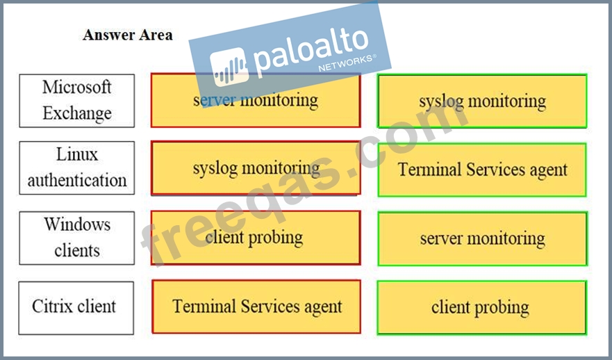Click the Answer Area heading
pos(128,35)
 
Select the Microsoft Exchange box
pos(77,101)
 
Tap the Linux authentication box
pos(77,168)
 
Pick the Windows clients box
pos(77,238)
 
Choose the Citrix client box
pos(76,308)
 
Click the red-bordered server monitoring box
pos(256,100)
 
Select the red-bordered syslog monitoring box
pos(256,168)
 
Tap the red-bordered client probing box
pos(256,238)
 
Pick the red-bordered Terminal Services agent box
pos(256,306)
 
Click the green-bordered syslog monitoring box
pos(482,101)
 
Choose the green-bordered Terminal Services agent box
pos(482,170)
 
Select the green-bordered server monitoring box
pos(482,239)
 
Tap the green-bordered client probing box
pos(481,308)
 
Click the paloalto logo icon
pos(229,67)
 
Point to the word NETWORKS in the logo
pos(345,63)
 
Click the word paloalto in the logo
pos(311,49)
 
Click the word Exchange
pos(77,113)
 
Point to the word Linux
pos(77,154)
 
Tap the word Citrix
pos(53,306)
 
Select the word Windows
pos(77,224)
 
